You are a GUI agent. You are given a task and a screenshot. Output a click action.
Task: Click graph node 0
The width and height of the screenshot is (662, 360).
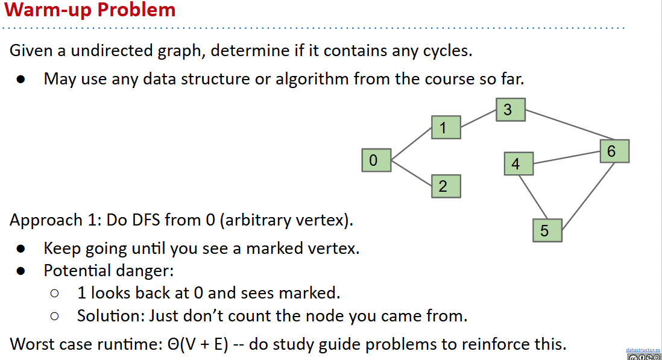[377, 160]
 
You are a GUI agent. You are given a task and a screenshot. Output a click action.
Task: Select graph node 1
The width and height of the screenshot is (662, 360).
[446, 127]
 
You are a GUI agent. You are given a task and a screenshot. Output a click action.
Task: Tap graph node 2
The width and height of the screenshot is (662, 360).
[446, 186]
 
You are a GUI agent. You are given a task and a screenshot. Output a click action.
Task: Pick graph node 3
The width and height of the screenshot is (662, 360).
[511, 110]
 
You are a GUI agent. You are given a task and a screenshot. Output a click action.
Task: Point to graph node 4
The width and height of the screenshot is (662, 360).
[519, 164]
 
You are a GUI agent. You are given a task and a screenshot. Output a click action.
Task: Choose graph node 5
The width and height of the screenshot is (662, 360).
[547, 230]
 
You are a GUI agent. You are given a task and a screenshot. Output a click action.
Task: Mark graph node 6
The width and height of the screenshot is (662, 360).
[615, 151]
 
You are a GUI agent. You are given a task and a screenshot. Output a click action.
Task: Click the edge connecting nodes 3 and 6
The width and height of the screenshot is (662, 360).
[570, 124]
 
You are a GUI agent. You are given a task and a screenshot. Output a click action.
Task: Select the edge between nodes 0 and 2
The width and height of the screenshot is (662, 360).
[412, 173]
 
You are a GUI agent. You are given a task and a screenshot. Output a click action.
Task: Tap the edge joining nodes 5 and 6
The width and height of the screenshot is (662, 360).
[588, 196]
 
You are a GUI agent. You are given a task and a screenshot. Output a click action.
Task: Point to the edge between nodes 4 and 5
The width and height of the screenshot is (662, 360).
[533, 197]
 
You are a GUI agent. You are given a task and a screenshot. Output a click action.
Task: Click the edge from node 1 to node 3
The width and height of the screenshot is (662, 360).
[478, 119]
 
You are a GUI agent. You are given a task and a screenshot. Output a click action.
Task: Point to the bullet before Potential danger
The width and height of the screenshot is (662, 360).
[20, 271]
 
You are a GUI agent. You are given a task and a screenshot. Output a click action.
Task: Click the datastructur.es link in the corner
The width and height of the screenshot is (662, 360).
[643, 350]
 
